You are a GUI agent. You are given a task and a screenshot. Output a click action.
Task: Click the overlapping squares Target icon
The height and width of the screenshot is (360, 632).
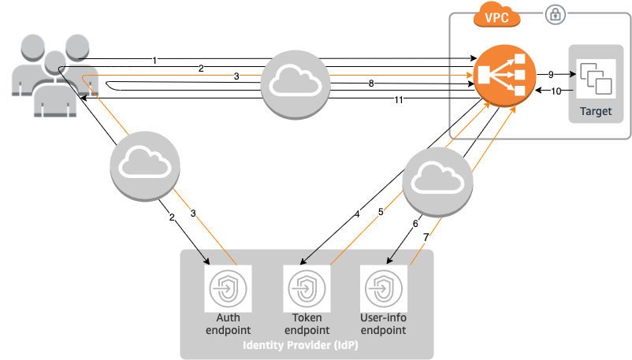pyautogui.click(x=596, y=80)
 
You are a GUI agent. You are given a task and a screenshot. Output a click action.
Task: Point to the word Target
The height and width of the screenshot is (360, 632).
pyautogui.click(x=596, y=112)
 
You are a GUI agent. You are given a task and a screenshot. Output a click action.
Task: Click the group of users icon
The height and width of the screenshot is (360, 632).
pyautogui.click(x=54, y=75)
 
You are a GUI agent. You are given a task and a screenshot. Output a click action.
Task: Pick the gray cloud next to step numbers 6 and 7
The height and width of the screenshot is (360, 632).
pyautogui.click(x=437, y=182)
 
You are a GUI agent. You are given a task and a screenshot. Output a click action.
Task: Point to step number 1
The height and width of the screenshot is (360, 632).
pyautogui.click(x=154, y=61)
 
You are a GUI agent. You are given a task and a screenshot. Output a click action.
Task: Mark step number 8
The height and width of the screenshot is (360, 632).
pyautogui.click(x=371, y=84)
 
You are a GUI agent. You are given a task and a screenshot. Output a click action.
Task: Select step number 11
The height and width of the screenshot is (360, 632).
pyautogui.click(x=399, y=100)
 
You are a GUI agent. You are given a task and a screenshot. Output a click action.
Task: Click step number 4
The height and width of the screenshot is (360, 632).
pyautogui.click(x=357, y=213)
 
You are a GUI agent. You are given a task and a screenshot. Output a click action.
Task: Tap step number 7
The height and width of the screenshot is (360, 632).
pyautogui.click(x=426, y=236)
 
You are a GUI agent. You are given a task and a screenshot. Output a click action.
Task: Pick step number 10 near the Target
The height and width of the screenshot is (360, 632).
pyautogui.click(x=556, y=92)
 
